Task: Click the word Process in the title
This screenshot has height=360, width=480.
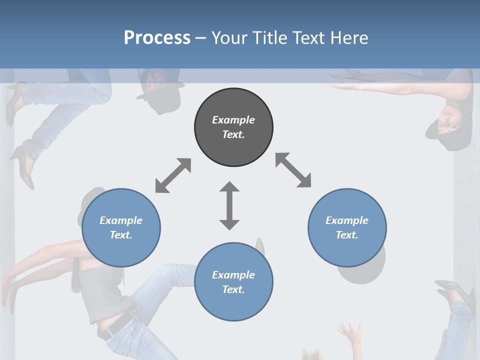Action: click(x=157, y=38)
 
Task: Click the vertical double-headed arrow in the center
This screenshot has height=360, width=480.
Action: click(x=229, y=205)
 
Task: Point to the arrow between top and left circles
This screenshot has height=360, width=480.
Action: click(x=173, y=175)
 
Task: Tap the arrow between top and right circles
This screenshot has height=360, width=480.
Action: click(x=293, y=170)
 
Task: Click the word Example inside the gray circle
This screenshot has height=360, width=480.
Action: click(x=233, y=120)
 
